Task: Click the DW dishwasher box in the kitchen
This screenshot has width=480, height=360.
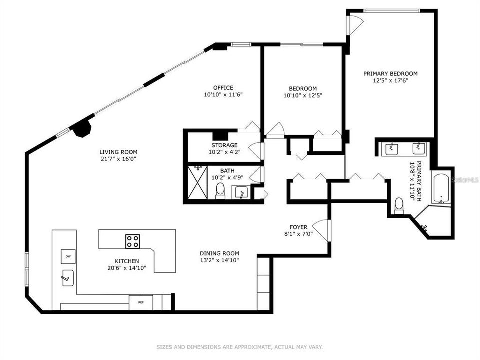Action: pos(68,256)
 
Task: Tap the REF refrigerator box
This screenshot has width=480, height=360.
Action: pos(141,302)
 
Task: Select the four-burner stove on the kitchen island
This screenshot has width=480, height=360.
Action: pos(133,241)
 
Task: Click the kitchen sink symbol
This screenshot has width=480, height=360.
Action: pos(68,277)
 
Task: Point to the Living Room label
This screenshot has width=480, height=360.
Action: pos(118,152)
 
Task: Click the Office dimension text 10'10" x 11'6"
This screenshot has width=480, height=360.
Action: pos(223,94)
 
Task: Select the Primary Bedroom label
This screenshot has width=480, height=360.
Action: pos(390,74)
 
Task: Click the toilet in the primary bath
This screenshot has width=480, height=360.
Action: pos(399,206)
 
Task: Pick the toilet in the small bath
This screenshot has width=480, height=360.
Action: pos(220,191)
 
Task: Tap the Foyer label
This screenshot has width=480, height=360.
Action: pos(298,227)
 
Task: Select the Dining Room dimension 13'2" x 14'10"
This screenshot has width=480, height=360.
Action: pos(220,260)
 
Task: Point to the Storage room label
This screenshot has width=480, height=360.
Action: pos(223,145)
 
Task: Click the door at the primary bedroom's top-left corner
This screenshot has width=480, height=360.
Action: pos(355,24)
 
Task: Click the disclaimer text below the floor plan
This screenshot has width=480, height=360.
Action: pos(240,346)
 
